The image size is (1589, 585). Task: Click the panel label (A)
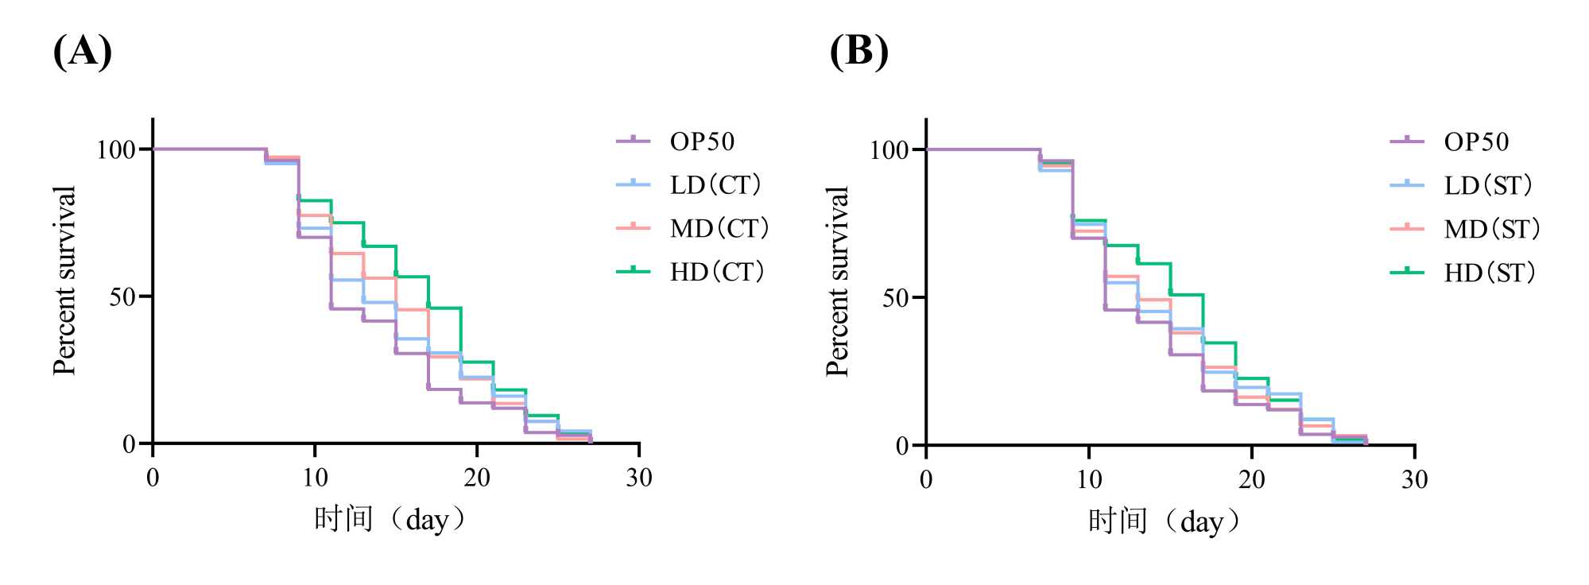point(82,52)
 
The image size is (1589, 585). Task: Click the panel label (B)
point(858,52)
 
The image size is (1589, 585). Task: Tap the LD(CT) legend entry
point(715,185)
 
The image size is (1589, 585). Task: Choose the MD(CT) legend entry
point(719,229)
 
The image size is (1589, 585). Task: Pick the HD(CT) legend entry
point(716,272)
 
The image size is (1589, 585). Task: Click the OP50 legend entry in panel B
point(1475,142)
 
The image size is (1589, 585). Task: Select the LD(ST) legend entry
point(1487,186)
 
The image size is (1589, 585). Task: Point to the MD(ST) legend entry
point(1491,230)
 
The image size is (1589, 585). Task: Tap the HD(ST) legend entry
point(1489,273)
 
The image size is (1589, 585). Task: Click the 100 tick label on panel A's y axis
point(116,149)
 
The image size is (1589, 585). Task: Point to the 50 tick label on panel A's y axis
point(122,297)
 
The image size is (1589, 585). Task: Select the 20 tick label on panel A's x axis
point(477,478)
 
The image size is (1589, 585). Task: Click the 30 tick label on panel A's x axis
point(639,478)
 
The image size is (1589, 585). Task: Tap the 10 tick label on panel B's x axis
point(1089,479)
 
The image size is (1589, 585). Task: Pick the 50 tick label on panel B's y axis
point(895,299)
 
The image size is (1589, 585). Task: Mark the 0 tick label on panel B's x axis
point(926,479)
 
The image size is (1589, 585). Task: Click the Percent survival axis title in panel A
point(64,280)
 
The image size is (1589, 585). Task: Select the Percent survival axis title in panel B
point(838,281)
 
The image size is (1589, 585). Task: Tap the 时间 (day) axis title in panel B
point(1165,521)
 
